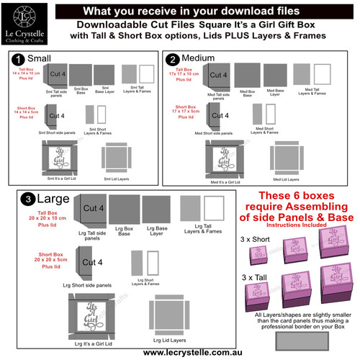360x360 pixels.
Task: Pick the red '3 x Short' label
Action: tap(255, 237)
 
